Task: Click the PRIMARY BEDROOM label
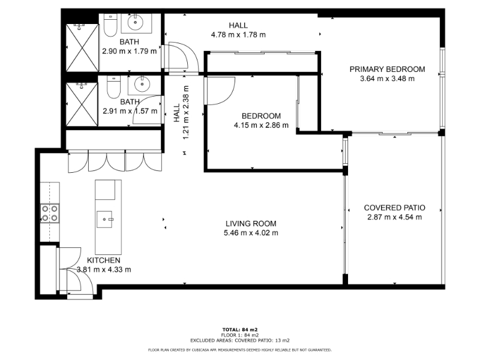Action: (387, 69)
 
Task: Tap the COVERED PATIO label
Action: (395, 208)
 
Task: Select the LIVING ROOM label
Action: (251, 224)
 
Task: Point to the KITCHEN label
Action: (104, 260)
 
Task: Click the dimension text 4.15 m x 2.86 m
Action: (261, 125)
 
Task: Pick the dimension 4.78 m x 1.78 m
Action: (238, 35)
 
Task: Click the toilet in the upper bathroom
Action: (110, 25)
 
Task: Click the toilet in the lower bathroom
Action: (113, 86)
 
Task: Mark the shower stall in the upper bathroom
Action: (82, 48)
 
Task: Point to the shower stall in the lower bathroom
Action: (82, 104)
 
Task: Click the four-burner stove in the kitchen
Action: (50, 214)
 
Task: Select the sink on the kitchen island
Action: (104, 220)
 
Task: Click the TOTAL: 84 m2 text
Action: (240, 329)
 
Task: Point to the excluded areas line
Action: (240, 340)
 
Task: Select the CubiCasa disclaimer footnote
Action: (239, 350)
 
